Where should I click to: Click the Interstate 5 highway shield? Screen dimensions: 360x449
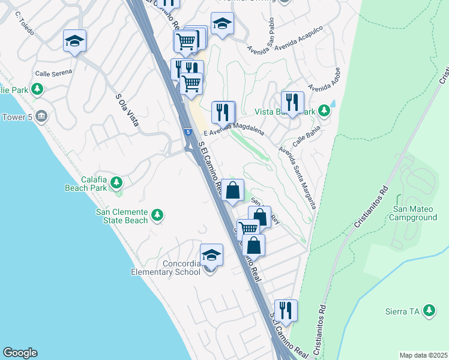click(x=188, y=132)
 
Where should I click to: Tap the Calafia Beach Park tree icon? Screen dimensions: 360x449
click(x=117, y=182)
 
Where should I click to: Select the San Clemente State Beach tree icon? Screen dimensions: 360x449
click(x=157, y=214)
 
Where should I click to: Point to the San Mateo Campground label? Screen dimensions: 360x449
click(x=414, y=213)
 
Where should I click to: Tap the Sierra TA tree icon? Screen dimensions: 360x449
click(x=429, y=310)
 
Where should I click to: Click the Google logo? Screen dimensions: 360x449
click(x=20, y=353)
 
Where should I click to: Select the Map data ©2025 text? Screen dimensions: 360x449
click(x=423, y=355)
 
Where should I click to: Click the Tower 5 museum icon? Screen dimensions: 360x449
click(x=41, y=116)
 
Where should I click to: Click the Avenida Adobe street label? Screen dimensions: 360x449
click(x=320, y=91)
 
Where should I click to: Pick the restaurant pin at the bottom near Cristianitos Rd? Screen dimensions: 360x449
click(x=286, y=310)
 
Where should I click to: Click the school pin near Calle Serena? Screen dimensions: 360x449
click(x=75, y=41)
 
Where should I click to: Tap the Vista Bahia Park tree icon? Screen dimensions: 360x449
click(x=324, y=111)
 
